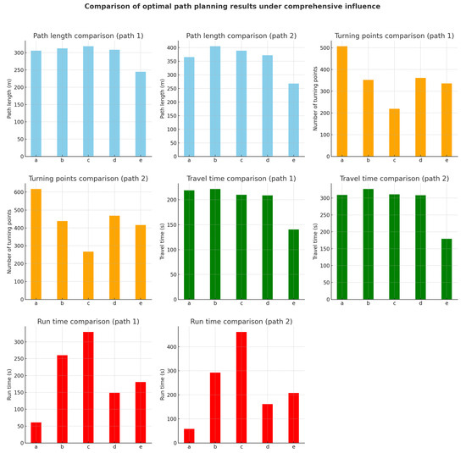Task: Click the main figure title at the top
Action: [233, 7]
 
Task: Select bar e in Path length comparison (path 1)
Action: [140, 114]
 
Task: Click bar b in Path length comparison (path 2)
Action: [215, 102]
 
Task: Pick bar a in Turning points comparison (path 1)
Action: [341, 102]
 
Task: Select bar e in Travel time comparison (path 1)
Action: [293, 264]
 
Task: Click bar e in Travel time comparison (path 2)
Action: [447, 269]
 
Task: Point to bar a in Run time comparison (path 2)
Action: [189, 435]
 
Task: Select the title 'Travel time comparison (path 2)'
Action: [394, 179]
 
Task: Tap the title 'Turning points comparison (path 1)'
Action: [394, 36]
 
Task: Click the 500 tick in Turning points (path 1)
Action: [326, 47]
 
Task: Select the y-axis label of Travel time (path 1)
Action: [163, 241]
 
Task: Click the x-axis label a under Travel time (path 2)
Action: [342, 304]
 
